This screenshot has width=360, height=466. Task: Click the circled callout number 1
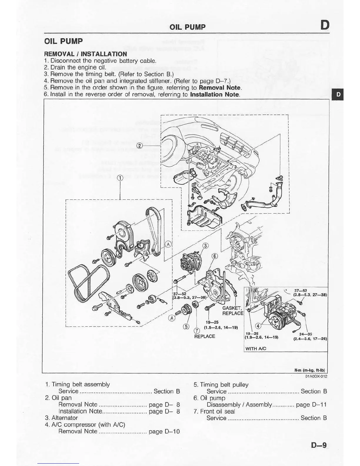point(120,178)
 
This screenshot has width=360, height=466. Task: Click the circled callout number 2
point(140,146)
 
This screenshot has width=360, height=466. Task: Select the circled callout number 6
point(215,256)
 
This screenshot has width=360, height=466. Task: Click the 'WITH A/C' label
point(256,349)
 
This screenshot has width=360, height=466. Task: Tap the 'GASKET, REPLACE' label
point(233,311)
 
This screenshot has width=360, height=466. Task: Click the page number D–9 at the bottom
point(319,445)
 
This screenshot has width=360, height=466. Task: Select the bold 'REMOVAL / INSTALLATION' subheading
point(85,54)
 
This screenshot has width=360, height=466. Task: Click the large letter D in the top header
point(325,25)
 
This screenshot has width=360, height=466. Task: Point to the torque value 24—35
point(306,334)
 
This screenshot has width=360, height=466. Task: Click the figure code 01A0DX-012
point(316,376)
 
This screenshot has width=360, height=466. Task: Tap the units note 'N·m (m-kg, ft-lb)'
point(311,370)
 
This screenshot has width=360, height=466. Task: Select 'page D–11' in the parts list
point(311,405)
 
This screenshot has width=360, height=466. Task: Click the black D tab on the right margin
point(338,94)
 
